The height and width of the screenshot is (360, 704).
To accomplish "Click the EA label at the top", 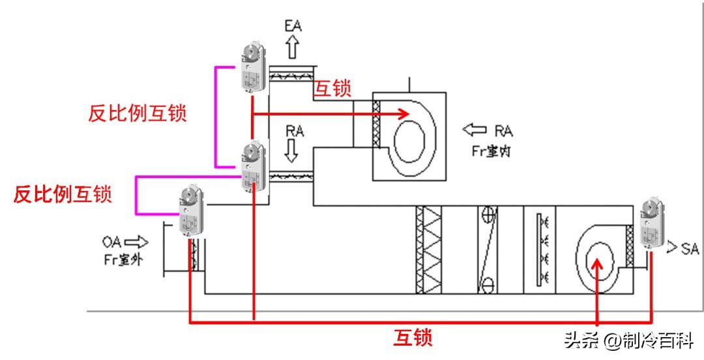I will click(293, 27).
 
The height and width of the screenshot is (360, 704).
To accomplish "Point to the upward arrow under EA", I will click(293, 48).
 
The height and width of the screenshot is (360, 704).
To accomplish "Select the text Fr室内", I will click(493, 150).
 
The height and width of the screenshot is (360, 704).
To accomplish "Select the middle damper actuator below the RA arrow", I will click(252, 167).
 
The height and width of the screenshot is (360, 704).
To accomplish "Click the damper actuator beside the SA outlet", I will click(651, 222).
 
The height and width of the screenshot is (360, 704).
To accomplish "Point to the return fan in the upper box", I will click(407, 137).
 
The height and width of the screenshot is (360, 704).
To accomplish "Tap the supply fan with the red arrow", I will click(598, 258).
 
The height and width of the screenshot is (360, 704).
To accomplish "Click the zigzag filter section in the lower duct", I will click(428, 249).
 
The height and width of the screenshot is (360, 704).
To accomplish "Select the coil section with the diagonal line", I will click(487, 249).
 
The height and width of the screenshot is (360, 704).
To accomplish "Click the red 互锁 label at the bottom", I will click(413, 337).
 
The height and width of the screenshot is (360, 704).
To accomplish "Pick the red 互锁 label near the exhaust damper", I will click(332, 89).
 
